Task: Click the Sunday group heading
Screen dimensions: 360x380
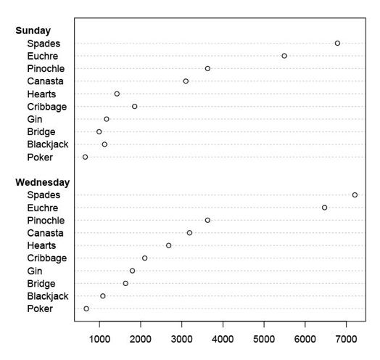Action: point(33,30)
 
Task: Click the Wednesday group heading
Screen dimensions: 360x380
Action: point(43,182)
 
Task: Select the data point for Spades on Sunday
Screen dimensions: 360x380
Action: point(337,44)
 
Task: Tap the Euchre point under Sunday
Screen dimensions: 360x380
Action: point(284,56)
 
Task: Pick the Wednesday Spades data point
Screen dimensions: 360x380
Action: point(355,195)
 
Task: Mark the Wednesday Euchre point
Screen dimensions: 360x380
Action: point(324,208)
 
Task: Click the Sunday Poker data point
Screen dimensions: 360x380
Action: point(85,157)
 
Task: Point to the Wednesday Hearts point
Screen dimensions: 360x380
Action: point(169,245)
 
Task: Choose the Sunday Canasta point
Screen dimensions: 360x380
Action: point(186,81)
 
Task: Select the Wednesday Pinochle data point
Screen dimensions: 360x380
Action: point(207,220)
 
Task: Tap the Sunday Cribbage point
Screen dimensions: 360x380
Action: point(134,107)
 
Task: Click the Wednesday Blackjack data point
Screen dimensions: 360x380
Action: point(103,296)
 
